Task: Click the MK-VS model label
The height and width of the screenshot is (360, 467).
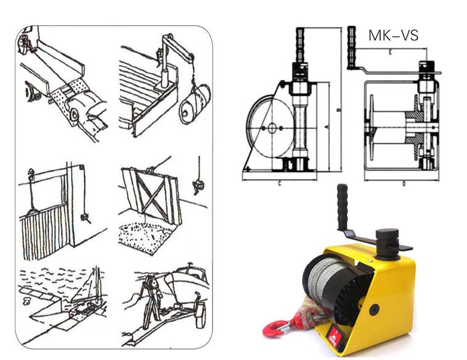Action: [x=393, y=35]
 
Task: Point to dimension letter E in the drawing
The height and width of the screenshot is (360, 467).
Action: [x=390, y=53]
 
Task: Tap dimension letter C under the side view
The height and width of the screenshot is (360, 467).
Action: [x=280, y=183]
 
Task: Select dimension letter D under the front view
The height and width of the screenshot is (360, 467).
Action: [x=404, y=183]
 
